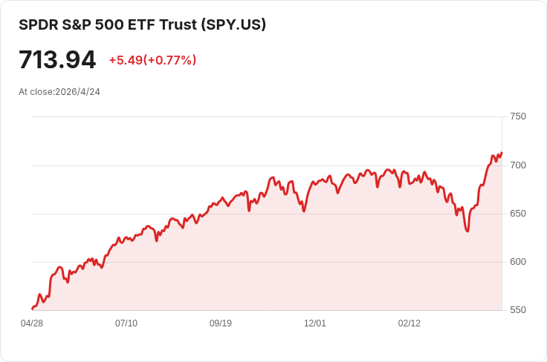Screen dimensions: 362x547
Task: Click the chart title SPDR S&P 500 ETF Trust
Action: pos(108,24)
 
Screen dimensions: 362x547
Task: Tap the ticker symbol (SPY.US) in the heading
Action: pos(233,24)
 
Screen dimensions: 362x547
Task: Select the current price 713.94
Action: pos(57,59)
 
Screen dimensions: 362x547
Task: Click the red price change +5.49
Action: pos(125,60)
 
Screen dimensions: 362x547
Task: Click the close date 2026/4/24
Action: pos(77,92)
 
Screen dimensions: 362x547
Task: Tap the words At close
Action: pos(36,92)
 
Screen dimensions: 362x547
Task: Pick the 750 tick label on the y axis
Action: pos(517,116)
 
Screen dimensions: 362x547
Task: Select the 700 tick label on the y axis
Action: pos(517,165)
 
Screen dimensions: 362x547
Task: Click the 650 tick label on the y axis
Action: pos(517,214)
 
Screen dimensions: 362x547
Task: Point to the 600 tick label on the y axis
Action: pos(517,262)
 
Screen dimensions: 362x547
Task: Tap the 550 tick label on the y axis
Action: pos(517,310)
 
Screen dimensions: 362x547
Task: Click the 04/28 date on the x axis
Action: pos(31,323)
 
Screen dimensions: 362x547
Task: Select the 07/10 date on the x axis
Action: pos(126,323)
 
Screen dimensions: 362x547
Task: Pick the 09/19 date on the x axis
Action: pos(221,323)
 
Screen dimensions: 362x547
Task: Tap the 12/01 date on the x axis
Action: pos(315,323)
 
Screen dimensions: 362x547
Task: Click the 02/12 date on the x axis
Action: pos(410,323)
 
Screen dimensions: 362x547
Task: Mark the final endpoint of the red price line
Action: pos(502,153)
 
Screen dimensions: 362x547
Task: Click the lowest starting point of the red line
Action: pos(32,309)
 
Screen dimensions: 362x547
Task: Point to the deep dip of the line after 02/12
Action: pos(467,231)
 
